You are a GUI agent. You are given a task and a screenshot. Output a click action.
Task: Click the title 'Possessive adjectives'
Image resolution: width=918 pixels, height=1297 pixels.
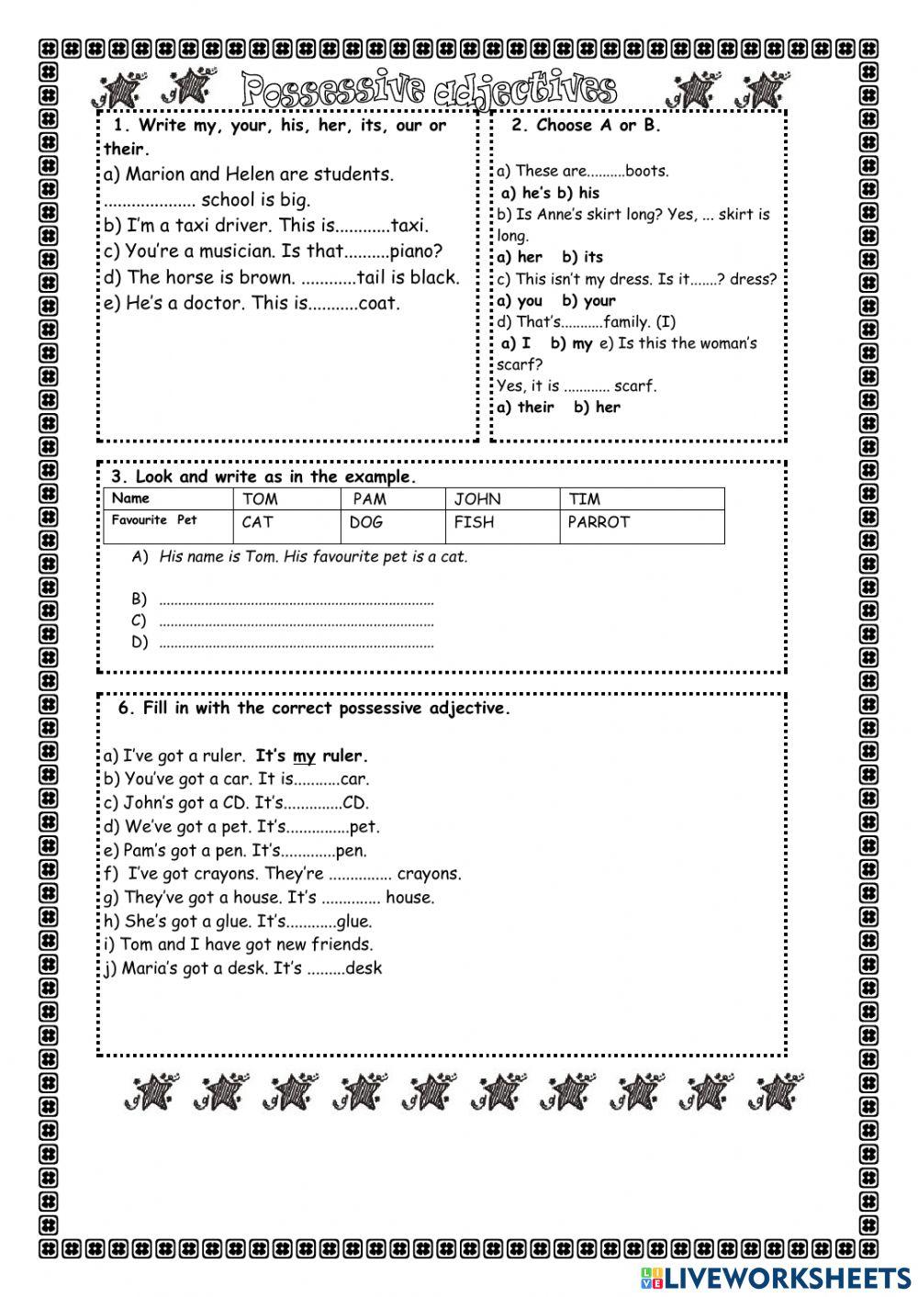[430, 90]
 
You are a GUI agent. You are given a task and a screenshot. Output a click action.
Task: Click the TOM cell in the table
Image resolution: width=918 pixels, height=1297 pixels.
[260, 499]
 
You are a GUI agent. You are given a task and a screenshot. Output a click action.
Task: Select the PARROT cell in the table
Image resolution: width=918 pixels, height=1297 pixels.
[599, 522]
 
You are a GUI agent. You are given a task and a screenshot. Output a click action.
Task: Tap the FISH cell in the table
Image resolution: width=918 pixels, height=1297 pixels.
[474, 522]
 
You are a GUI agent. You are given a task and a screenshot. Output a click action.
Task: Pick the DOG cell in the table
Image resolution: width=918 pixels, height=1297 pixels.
[366, 522]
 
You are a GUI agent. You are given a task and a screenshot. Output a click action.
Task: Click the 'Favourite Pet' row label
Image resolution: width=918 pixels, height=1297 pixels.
[154, 520]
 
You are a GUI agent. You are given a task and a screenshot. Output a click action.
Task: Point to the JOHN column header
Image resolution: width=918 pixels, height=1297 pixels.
[477, 499]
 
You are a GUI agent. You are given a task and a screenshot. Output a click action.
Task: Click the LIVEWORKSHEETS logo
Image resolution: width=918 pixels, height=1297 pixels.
[776, 1277]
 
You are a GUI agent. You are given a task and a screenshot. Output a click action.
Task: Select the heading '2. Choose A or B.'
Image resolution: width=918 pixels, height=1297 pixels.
[586, 126]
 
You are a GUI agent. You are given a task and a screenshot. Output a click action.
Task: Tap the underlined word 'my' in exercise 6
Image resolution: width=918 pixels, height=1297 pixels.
[304, 757]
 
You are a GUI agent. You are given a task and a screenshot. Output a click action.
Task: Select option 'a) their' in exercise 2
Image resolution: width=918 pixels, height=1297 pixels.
[526, 408]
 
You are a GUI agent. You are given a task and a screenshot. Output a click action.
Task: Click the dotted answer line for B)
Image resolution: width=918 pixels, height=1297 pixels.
[296, 601]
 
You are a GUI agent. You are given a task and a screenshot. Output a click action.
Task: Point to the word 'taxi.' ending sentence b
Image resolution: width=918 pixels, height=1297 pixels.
[409, 226]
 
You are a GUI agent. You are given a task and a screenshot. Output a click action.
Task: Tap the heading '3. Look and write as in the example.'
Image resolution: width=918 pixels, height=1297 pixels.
[263, 476]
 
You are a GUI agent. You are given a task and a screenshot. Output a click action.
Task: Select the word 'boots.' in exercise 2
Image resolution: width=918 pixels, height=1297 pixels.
[647, 171]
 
